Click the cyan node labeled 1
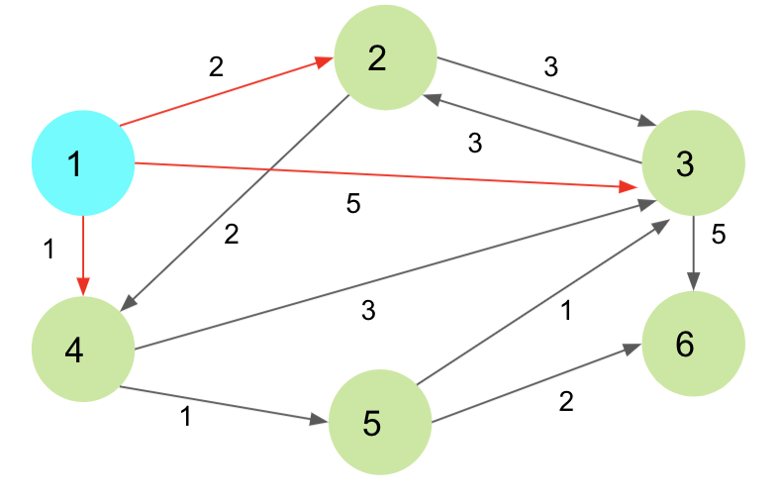(x=83, y=163)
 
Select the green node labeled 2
(x=385, y=57)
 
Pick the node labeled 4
(x=83, y=350)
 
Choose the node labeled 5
(x=379, y=423)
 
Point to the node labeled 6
(x=693, y=344)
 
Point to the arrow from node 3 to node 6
(x=693, y=253)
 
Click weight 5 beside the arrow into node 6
(x=719, y=237)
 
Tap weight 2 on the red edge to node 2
(x=216, y=67)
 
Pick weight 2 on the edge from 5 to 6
(x=566, y=401)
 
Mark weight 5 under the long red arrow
(x=353, y=205)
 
